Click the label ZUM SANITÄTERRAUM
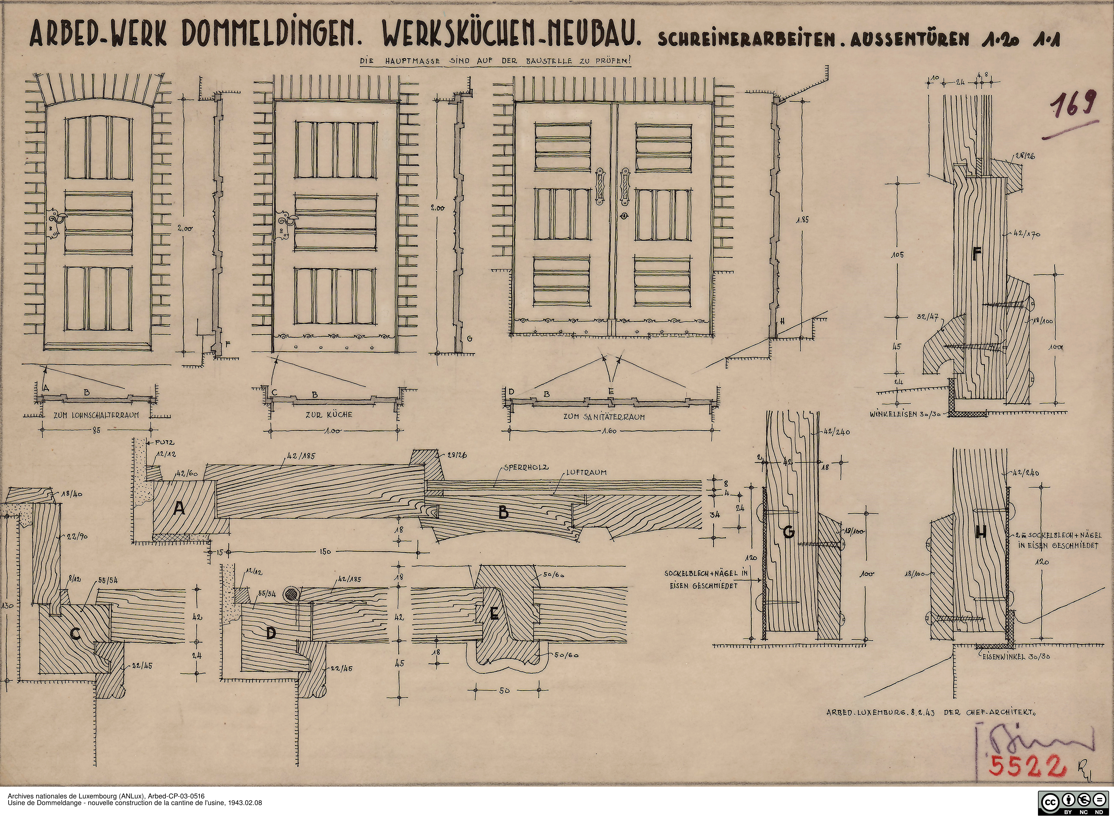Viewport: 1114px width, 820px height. tap(604, 417)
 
